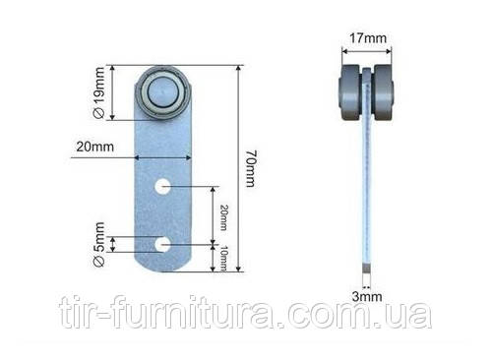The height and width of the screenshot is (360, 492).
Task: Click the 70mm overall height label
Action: coord(251,169)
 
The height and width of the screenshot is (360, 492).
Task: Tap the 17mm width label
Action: coord(367,38)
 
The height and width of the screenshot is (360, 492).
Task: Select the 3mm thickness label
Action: coord(367,296)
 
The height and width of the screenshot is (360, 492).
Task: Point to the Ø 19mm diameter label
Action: coord(99,92)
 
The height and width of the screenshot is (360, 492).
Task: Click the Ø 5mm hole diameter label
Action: coord(99,244)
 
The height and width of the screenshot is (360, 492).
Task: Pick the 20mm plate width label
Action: coord(95,147)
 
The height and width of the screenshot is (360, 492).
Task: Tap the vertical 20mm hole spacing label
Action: coord(223,217)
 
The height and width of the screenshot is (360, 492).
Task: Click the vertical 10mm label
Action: coord(223,258)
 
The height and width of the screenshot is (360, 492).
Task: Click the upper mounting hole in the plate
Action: coord(162,187)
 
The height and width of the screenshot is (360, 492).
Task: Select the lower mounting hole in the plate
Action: coord(162,245)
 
